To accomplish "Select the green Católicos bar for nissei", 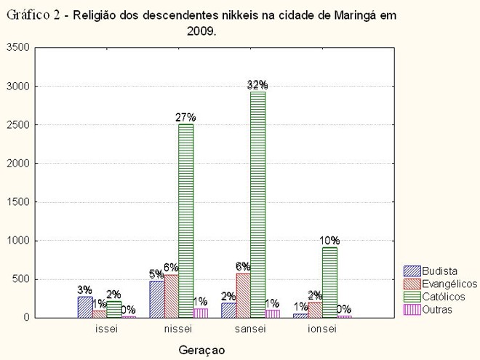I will [x=185, y=220].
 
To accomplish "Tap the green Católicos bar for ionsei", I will [x=329, y=282].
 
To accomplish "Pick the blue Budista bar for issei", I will [x=85, y=307].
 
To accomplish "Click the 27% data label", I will [x=185, y=116].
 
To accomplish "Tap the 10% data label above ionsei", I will [x=329, y=240].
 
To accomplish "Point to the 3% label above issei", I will [x=85, y=289].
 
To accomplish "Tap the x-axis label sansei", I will [x=250, y=329].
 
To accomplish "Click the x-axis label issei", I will [x=106, y=329].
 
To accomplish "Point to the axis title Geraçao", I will [x=202, y=350].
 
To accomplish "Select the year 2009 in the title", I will [x=201, y=31].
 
